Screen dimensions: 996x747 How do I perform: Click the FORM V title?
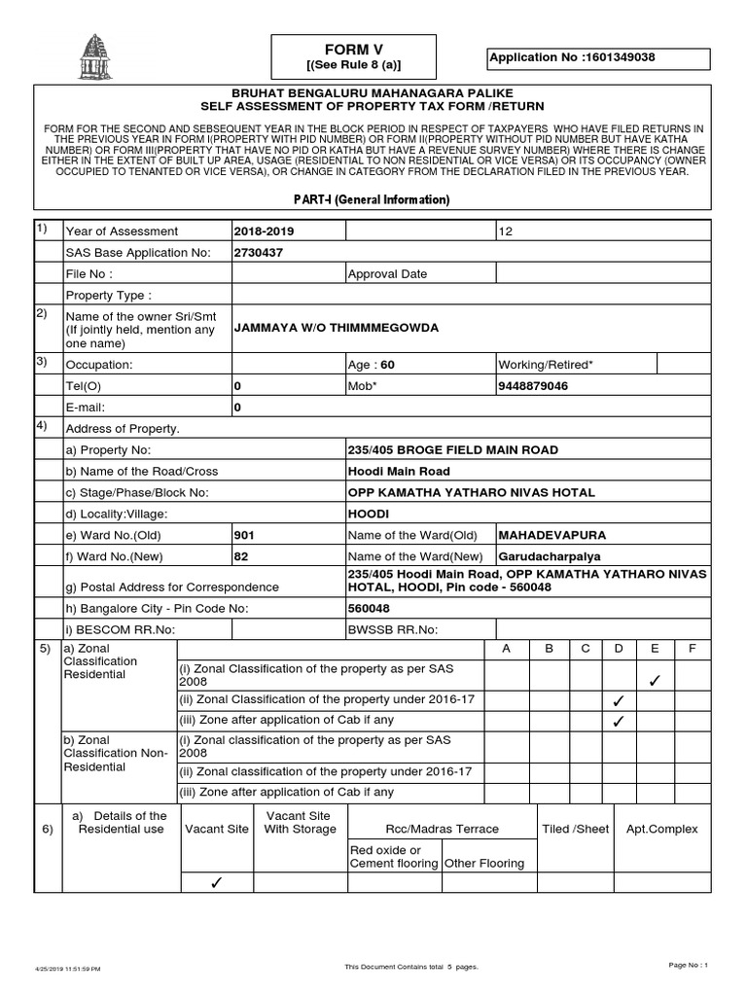coord(353,49)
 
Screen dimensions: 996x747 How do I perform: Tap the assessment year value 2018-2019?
coord(263,231)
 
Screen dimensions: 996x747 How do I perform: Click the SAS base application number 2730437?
coord(258,253)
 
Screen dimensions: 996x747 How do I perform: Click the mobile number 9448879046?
coord(533,386)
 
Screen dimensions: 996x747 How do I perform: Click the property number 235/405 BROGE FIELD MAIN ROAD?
coord(453,450)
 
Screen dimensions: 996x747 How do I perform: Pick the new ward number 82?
coord(241,556)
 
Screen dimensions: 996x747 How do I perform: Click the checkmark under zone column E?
coord(655,680)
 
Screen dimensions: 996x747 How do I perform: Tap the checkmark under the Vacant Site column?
coord(216,883)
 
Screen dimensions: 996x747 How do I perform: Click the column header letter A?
coord(506,649)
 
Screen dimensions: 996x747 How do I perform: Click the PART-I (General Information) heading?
coord(373,199)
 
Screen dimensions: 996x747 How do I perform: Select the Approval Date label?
coord(388,274)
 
